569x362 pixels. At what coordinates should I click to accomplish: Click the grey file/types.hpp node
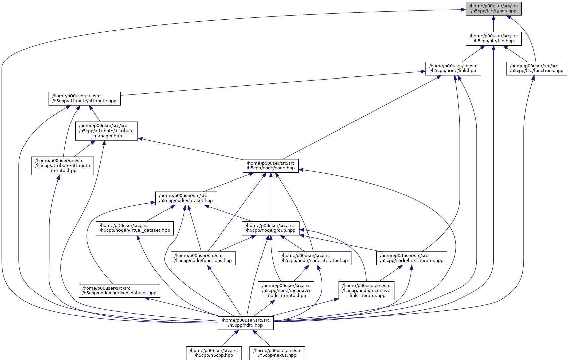click(493, 8)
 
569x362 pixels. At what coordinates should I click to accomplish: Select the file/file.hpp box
click(493, 38)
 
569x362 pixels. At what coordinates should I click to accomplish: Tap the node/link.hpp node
click(453, 68)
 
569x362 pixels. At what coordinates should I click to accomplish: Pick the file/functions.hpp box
click(536, 68)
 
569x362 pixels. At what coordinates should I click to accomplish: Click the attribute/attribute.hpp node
click(84, 98)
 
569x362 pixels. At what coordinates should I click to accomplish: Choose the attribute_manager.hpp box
click(106, 131)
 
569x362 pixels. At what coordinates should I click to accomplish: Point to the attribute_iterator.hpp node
click(62, 166)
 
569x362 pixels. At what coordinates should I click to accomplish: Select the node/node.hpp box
click(271, 166)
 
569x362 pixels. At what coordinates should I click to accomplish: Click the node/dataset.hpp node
click(186, 198)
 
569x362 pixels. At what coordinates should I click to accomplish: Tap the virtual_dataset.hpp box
click(135, 228)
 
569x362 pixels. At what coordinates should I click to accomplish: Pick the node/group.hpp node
click(271, 228)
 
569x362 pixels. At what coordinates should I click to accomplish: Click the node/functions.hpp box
click(203, 258)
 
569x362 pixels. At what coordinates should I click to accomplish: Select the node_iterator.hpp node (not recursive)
click(315, 258)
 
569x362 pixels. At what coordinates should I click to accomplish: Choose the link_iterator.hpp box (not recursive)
click(412, 258)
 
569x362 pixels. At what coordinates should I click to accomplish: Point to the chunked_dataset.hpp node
click(119, 291)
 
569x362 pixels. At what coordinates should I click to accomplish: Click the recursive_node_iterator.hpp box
click(286, 291)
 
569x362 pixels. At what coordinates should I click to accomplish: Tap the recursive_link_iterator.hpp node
click(366, 291)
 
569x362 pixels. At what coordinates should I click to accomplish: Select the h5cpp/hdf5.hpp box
click(245, 323)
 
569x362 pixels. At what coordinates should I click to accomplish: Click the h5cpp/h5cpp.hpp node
click(214, 353)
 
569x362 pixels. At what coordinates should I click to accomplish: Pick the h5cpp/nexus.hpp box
click(277, 353)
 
